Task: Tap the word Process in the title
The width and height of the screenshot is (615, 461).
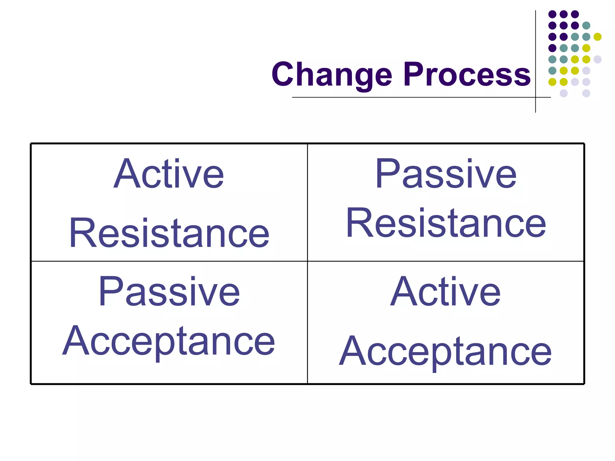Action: pos(467,74)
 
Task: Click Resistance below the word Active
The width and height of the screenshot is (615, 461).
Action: pos(169,233)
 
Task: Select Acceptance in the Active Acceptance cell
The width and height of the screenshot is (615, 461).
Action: pos(445,351)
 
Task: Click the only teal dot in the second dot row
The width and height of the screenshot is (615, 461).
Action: pos(586,26)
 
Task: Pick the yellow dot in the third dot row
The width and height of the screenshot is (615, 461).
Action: pos(598,37)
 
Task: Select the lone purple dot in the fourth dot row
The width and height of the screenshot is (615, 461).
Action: pos(552,48)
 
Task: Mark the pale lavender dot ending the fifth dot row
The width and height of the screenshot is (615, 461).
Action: pos(598,59)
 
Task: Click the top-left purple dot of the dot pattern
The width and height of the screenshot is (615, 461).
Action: pos(552,14)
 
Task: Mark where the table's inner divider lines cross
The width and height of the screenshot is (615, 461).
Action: pos(307,261)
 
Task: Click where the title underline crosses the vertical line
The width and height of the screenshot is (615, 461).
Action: pos(535,97)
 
